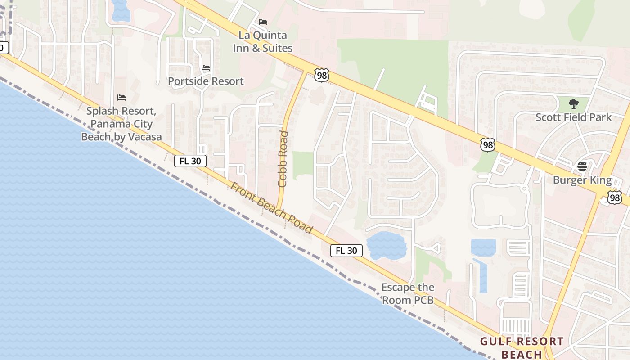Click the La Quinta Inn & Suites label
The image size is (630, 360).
263,41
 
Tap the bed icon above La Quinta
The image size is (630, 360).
263,22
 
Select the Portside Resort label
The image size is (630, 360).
206,81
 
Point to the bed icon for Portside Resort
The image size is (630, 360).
206,68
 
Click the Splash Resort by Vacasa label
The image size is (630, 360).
121,124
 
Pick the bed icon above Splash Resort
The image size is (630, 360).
121,97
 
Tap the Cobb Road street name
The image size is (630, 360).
283,159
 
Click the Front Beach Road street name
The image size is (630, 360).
271,207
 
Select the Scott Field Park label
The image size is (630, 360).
573,117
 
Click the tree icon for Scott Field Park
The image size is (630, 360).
573,104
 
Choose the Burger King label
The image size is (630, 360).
582,180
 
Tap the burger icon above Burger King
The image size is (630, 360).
582,166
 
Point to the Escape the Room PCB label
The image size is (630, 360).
408,293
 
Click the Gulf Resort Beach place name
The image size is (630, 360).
522,348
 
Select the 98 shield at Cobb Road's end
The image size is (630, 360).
322,75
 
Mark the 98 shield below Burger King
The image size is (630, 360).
614,197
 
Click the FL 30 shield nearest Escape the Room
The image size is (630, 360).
346,251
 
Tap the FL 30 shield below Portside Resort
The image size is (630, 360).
190,161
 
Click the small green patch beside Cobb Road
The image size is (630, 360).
302,164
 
